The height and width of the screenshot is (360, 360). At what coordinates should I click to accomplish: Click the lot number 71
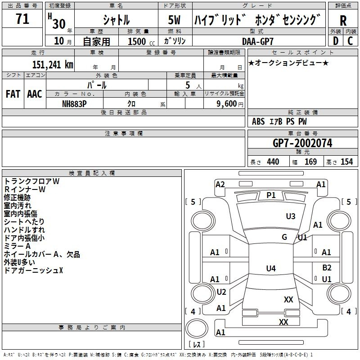[x=22, y=20]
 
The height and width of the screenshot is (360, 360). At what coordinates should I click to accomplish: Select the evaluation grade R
[x=343, y=20]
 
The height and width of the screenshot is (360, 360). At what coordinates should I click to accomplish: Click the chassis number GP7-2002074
[x=302, y=143]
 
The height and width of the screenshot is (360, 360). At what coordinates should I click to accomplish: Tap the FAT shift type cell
[x=13, y=94]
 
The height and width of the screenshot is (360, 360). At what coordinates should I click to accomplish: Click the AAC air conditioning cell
[x=35, y=94]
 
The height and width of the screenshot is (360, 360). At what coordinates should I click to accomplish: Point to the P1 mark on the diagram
[x=271, y=195]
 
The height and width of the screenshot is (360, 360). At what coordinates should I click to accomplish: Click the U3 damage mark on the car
[x=291, y=216]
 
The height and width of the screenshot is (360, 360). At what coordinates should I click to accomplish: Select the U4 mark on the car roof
[x=270, y=269]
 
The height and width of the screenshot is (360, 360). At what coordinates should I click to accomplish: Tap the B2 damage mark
[x=327, y=268]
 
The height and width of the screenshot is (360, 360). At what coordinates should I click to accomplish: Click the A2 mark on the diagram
[x=220, y=184]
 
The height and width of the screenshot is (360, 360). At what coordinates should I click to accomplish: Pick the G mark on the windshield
[x=284, y=237]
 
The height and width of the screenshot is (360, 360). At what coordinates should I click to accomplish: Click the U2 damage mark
[x=221, y=292]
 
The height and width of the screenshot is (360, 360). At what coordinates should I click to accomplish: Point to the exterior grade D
[x=335, y=41]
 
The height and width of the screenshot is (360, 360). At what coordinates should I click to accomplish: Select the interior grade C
[x=350, y=41]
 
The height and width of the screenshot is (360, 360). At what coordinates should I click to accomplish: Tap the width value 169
[x=310, y=162]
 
